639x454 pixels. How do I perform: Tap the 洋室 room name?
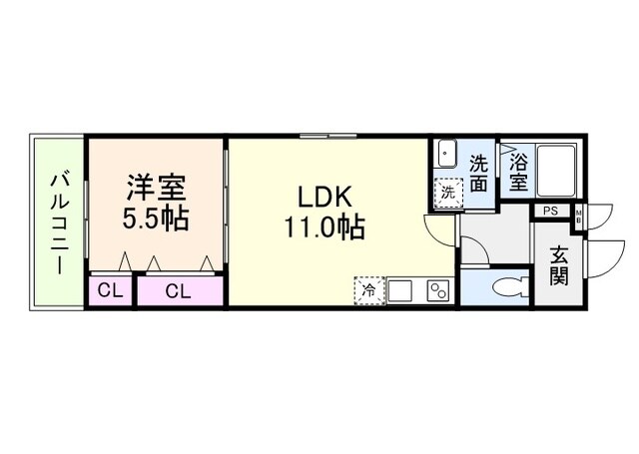point(155,187)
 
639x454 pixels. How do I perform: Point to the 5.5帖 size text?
point(155,218)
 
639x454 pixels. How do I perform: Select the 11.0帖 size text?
point(325,227)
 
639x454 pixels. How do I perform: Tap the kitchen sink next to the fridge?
point(401,290)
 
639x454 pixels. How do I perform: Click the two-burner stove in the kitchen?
point(438,290)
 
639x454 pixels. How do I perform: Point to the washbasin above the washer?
point(446,157)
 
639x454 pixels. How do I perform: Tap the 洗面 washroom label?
point(479,173)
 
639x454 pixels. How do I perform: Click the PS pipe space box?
point(550,211)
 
